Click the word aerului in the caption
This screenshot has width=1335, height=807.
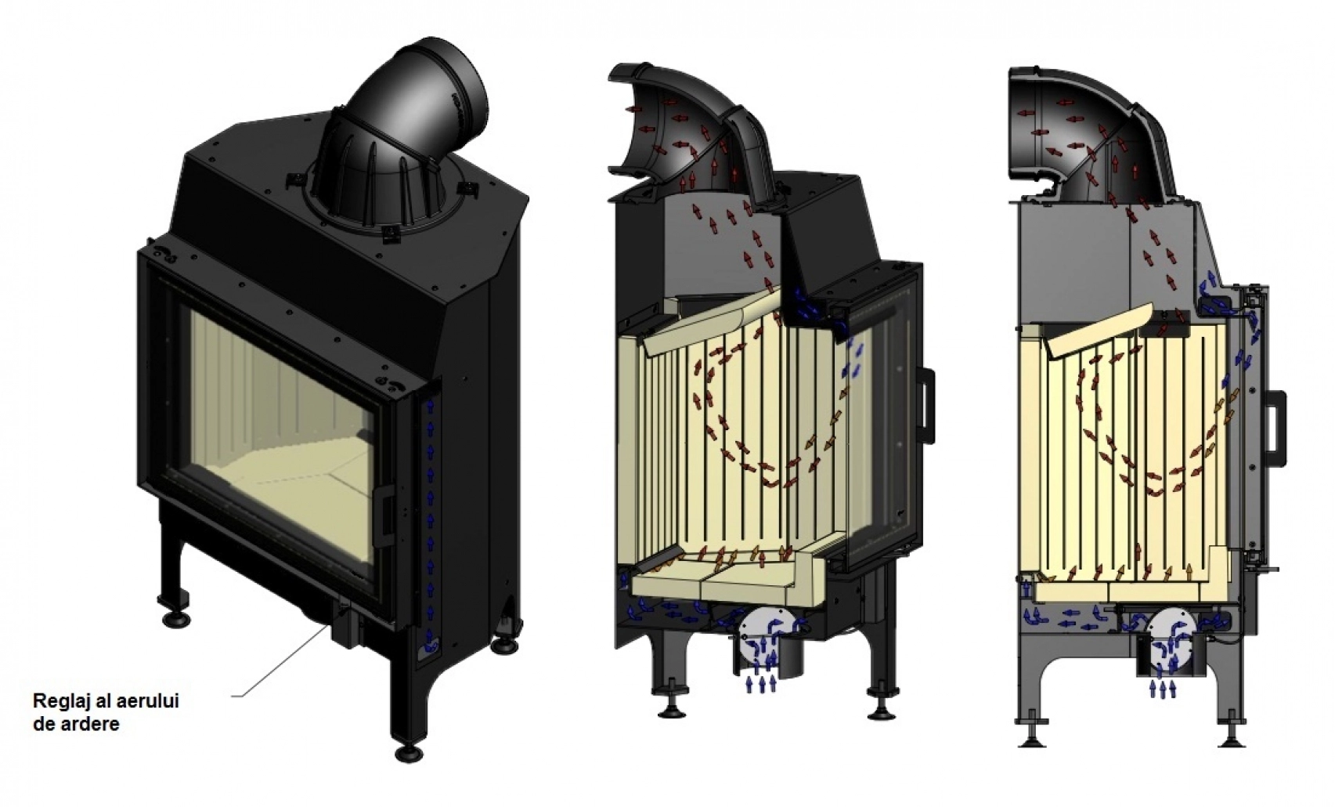(x=151, y=700)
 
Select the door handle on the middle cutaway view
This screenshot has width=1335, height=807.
(x=927, y=406)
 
